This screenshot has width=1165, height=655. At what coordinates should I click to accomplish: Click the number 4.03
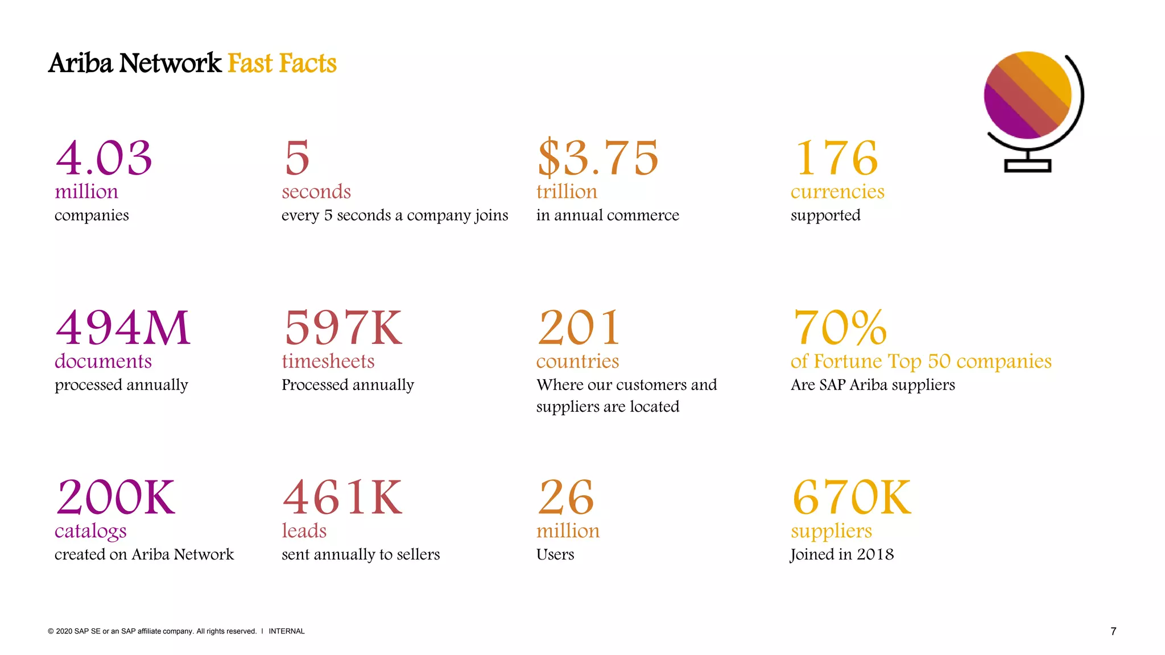click(104, 158)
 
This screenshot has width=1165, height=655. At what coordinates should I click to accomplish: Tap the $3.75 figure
click(597, 158)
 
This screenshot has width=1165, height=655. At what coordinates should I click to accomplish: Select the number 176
click(836, 158)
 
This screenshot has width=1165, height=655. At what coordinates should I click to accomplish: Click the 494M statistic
click(122, 328)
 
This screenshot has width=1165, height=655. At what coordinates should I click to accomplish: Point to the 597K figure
click(343, 328)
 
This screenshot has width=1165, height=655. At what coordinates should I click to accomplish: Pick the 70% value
click(840, 328)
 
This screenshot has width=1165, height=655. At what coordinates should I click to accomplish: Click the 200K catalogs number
click(115, 498)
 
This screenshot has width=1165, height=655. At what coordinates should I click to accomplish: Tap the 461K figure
click(342, 498)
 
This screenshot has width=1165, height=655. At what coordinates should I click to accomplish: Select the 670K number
click(852, 498)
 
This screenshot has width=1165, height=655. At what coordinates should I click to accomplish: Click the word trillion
click(567, 192)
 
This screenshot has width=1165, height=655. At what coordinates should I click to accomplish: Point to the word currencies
click(837, 192)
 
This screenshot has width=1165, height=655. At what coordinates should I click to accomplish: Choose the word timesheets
click(328, 361)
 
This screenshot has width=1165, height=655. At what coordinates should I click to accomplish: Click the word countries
click(577, 361)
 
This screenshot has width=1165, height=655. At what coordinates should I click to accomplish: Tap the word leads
click(304, 530)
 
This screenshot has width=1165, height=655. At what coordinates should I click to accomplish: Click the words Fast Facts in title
click(282, 63)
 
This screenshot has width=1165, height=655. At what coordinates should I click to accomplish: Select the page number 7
click(1113, 631)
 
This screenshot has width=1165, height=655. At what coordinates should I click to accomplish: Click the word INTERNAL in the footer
click(287, 631)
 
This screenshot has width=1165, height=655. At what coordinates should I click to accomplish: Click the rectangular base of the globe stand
click(1027, 166)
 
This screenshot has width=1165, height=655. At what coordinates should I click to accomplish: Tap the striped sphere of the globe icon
click(1027, 95)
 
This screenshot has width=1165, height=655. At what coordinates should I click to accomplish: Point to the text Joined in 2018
click(842, 554)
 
